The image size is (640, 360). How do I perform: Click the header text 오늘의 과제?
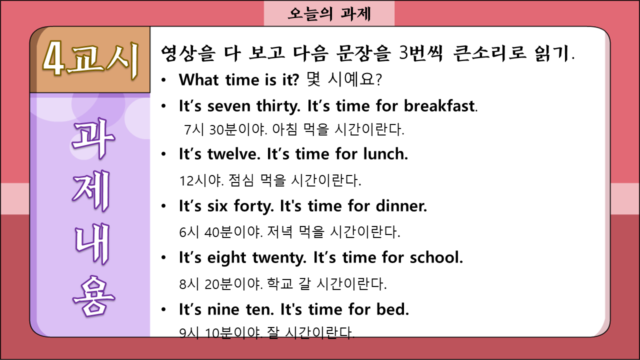click(329, 13)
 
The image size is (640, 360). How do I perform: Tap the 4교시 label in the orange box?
click(91, 59)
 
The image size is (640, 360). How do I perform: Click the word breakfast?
click(439, 106)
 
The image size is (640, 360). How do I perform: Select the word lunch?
click(385, 154)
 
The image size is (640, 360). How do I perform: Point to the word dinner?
click(401, 206)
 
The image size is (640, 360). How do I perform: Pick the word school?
click(436, 257)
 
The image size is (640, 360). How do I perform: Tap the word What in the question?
click(199, 79)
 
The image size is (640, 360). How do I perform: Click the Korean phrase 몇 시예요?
click(343, 79)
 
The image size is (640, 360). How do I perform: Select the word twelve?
click(233, 154)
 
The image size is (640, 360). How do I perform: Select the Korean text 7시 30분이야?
click(225, 129)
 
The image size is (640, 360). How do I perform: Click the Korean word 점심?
click(241, 180)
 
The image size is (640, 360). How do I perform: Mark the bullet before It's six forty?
click(163, 206)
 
